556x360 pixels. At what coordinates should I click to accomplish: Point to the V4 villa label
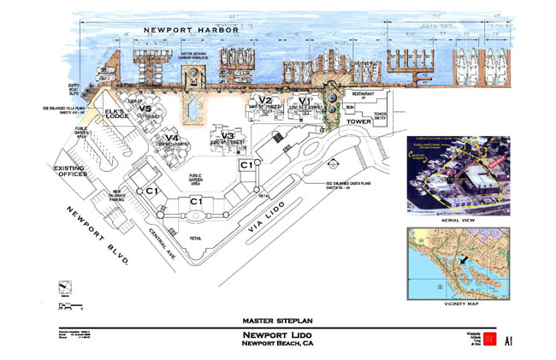click(x=172, y=139)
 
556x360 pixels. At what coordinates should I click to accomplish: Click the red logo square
click(x=489, y=340)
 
